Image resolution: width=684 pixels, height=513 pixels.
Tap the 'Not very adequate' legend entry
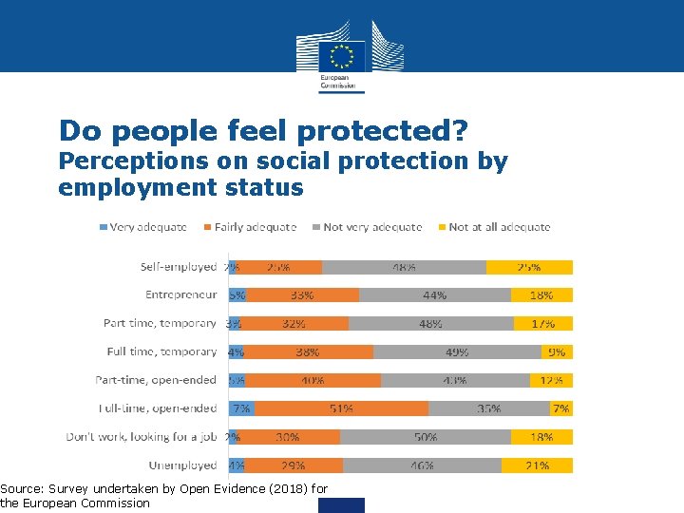pyautogui.click(x=371, y=227)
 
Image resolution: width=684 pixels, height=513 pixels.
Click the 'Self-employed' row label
pyautogui.click(x=178, y=267)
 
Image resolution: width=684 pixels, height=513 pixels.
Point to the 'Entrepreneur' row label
pyautogui.click(x=180, y=294)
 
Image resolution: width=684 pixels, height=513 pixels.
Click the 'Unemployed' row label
pyautogui.click(x=182, y=465)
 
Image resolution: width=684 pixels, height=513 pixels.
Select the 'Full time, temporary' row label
pyautogui.click(x=161, y=351)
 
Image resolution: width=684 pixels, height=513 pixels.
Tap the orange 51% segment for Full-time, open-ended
pyautogui.click(x=341, y=408)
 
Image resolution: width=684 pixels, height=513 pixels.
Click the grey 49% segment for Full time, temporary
pyautogui.click(x=457, y=351)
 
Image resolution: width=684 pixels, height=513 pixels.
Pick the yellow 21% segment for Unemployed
pyautogui.click(x=537, y=465)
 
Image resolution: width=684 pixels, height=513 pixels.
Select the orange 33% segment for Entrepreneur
pyautogui.click(x=303, y=294)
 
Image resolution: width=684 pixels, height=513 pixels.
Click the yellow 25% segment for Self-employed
pyautogui.click(x=529, y=267)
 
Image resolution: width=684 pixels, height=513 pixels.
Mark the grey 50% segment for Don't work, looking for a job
pyautogui.click(x=425, y=437)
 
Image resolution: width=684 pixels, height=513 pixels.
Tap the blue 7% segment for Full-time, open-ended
pyautogui.click(x=241, y=408)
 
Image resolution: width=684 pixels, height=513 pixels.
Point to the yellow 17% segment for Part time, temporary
pyautogui.click(x=542, y=323)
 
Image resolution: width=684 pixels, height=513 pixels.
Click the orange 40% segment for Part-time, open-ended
pyautogui.click(x=313, y=380)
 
